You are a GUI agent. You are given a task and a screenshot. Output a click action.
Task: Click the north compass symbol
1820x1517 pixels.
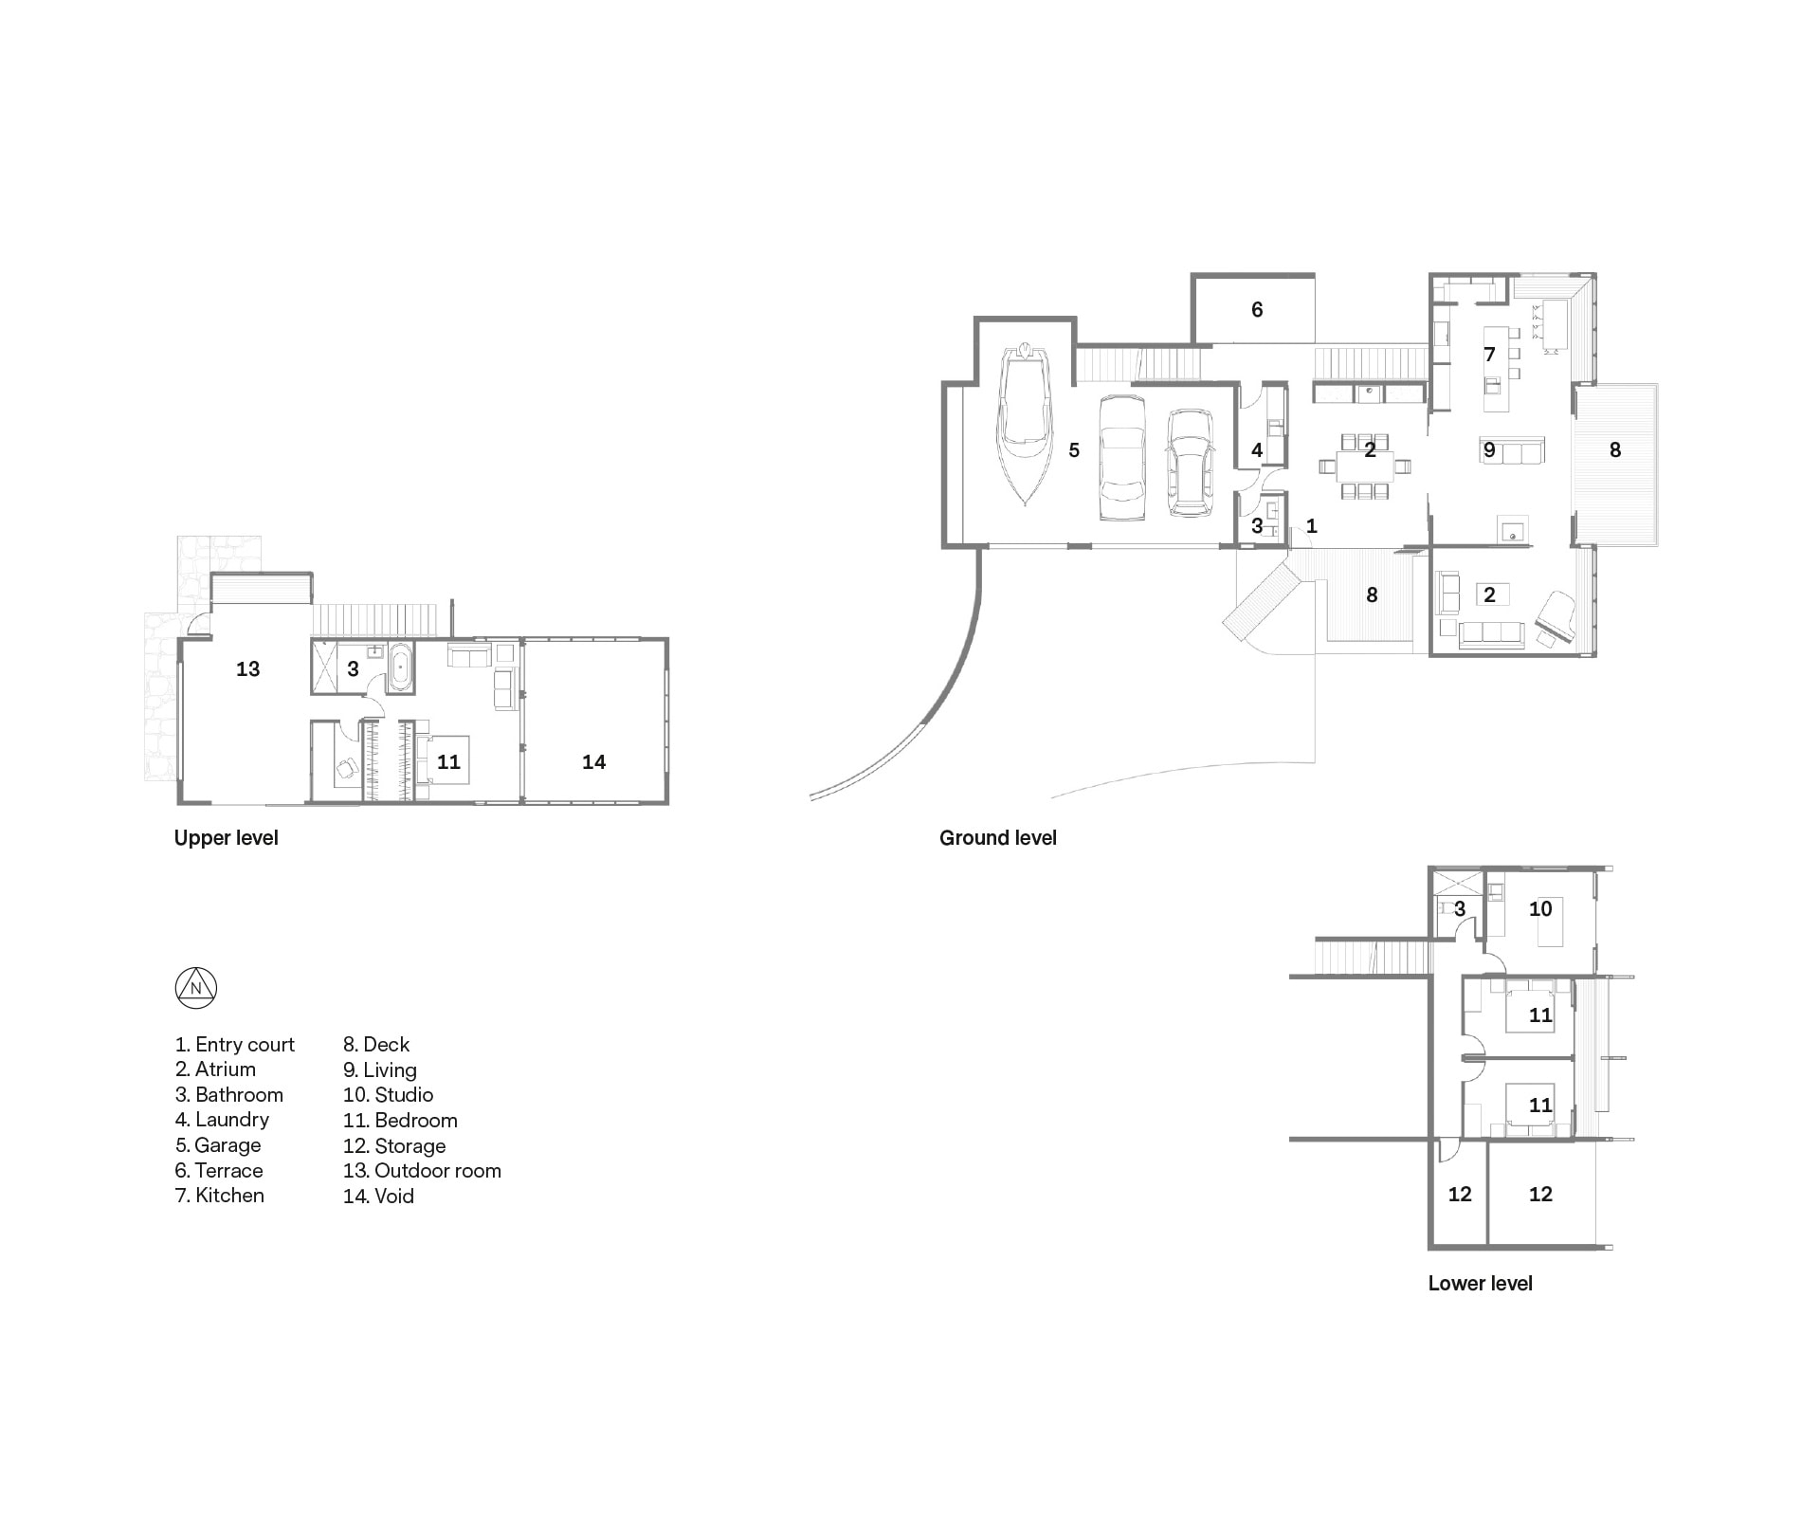[196, 988]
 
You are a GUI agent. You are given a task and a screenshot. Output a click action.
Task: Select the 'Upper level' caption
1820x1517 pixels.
[226, 838]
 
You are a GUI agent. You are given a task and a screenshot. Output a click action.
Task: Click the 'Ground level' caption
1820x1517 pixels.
[997, 838]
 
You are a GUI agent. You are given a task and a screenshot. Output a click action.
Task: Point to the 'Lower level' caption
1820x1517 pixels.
[1480, 1284]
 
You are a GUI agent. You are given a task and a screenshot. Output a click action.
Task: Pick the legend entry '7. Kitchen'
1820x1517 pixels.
[220, 1196]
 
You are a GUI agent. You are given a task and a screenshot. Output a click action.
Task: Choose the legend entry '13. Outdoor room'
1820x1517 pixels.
[422, 1171]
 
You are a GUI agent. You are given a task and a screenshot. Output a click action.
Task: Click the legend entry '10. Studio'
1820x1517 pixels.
[388, 1095]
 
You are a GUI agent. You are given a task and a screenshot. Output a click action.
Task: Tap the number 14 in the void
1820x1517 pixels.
[593, 762]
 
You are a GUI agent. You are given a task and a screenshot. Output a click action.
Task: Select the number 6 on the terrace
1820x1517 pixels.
[1257, 309]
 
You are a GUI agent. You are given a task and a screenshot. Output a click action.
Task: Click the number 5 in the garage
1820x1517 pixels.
[1074, 450]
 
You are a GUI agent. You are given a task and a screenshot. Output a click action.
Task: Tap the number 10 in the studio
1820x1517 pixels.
[1540, 909]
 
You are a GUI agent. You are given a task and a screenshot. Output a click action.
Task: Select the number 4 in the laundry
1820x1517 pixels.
[1257, 450]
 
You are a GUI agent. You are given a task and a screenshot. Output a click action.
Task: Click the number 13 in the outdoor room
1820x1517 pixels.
[247, 669]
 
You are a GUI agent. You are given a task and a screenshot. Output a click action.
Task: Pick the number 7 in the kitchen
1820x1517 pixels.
[1489, 355]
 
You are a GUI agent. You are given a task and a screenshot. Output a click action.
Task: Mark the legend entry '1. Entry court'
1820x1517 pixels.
[234, 1045]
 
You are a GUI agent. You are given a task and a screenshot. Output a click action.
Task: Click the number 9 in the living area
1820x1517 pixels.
[1489, 450]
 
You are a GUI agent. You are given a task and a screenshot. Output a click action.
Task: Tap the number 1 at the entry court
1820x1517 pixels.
[1312, 525]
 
